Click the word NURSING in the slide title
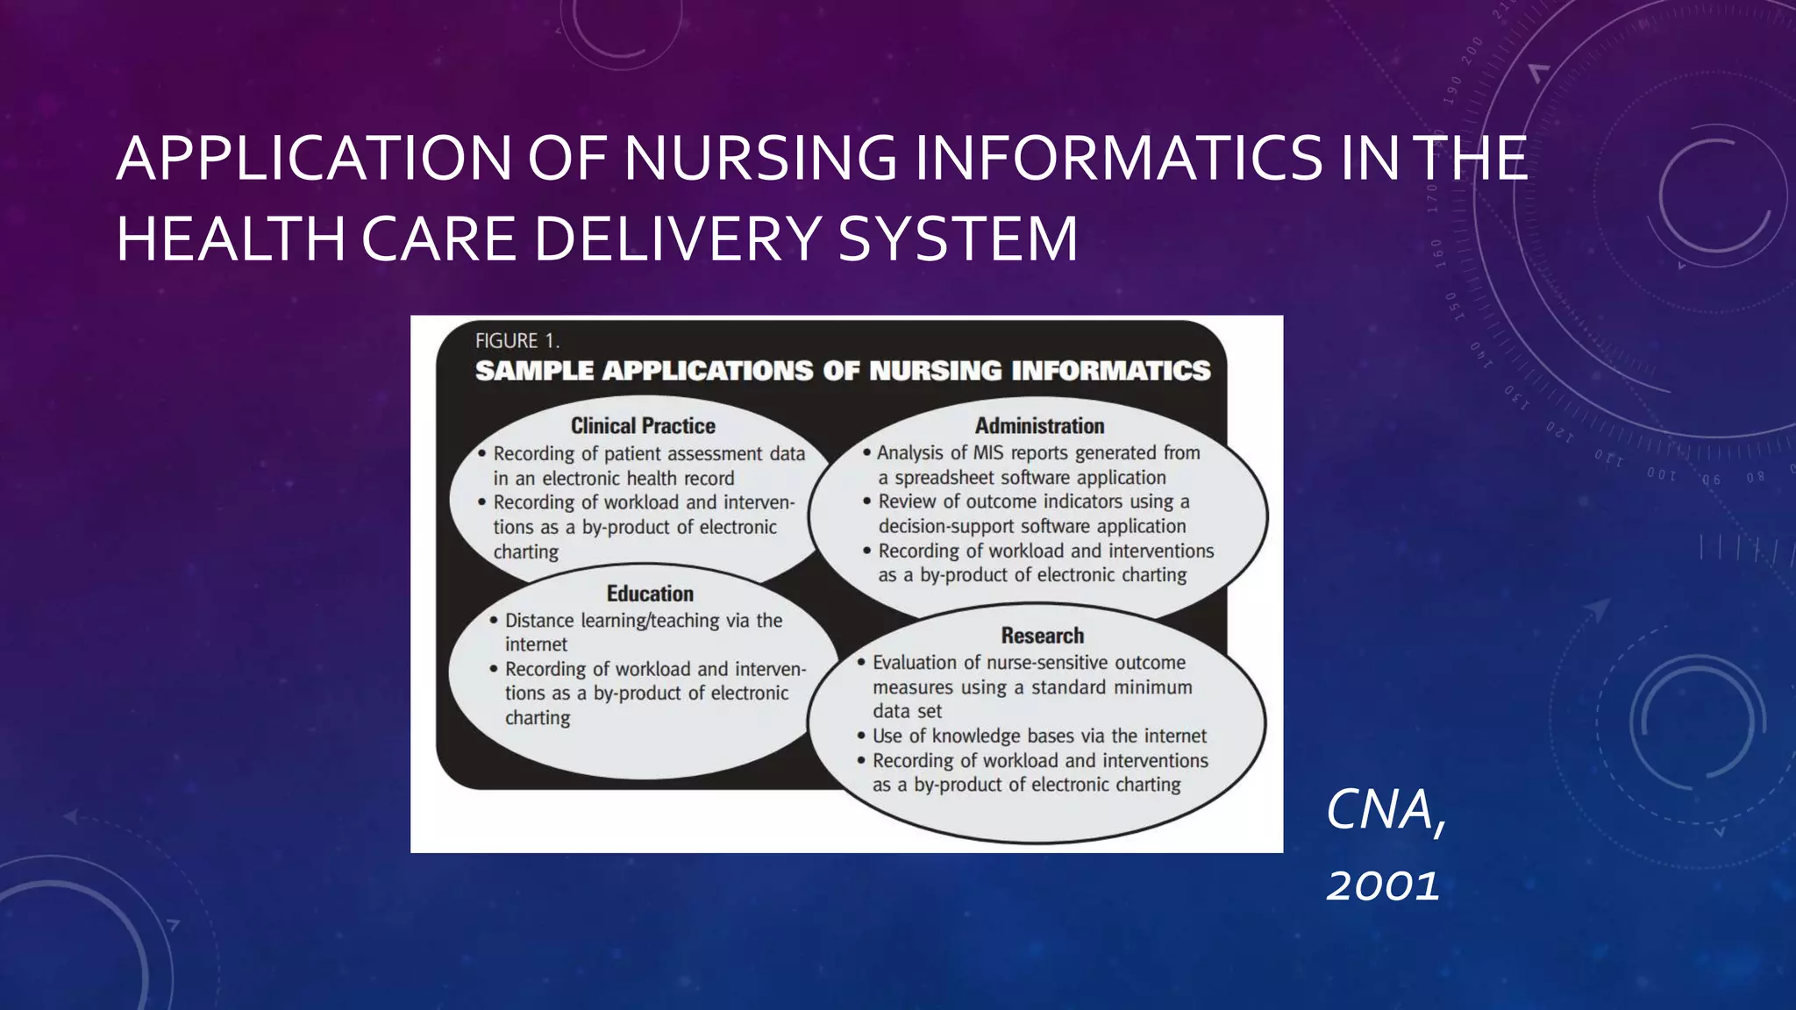tap(760, 159)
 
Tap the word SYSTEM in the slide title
tap(957, 238)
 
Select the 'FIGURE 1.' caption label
tap(517, 341)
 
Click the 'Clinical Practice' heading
tap(643, 426)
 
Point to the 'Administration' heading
tap(1039, 426)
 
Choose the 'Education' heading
tap(650, 594)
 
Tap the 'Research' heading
tap(1042, 636)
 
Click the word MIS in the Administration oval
tap(989, 453)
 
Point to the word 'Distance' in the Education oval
tap(538, 621)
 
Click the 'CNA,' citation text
tap(1384, 810)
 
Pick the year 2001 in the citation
tap(1382, 886)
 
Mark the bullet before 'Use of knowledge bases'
tap(861, 736)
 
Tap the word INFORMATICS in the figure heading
tap(1110, 371)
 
